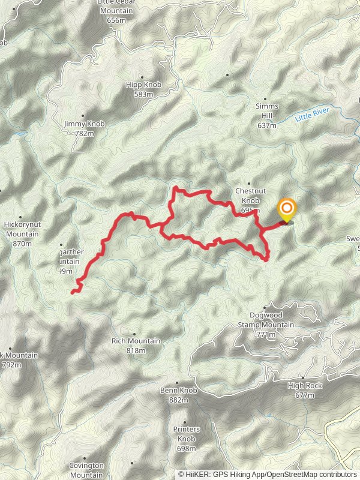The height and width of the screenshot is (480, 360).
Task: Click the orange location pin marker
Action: pos(287,209)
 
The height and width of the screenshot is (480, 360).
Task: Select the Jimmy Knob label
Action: pos(84,124)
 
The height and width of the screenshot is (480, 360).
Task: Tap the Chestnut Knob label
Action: pos(250,193)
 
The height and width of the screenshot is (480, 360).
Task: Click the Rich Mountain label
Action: pos(136,341)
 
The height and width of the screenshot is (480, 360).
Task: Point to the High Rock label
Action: pos(305,385)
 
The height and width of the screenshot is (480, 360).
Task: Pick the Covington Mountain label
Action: pos(86,470)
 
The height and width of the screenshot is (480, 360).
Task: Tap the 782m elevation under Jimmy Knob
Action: pos(84,133)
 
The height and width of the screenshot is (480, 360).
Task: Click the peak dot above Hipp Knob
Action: pos(142,77)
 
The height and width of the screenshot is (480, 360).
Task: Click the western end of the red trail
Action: pos(72,292)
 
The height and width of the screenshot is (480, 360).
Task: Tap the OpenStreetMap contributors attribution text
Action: pos(311,474)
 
